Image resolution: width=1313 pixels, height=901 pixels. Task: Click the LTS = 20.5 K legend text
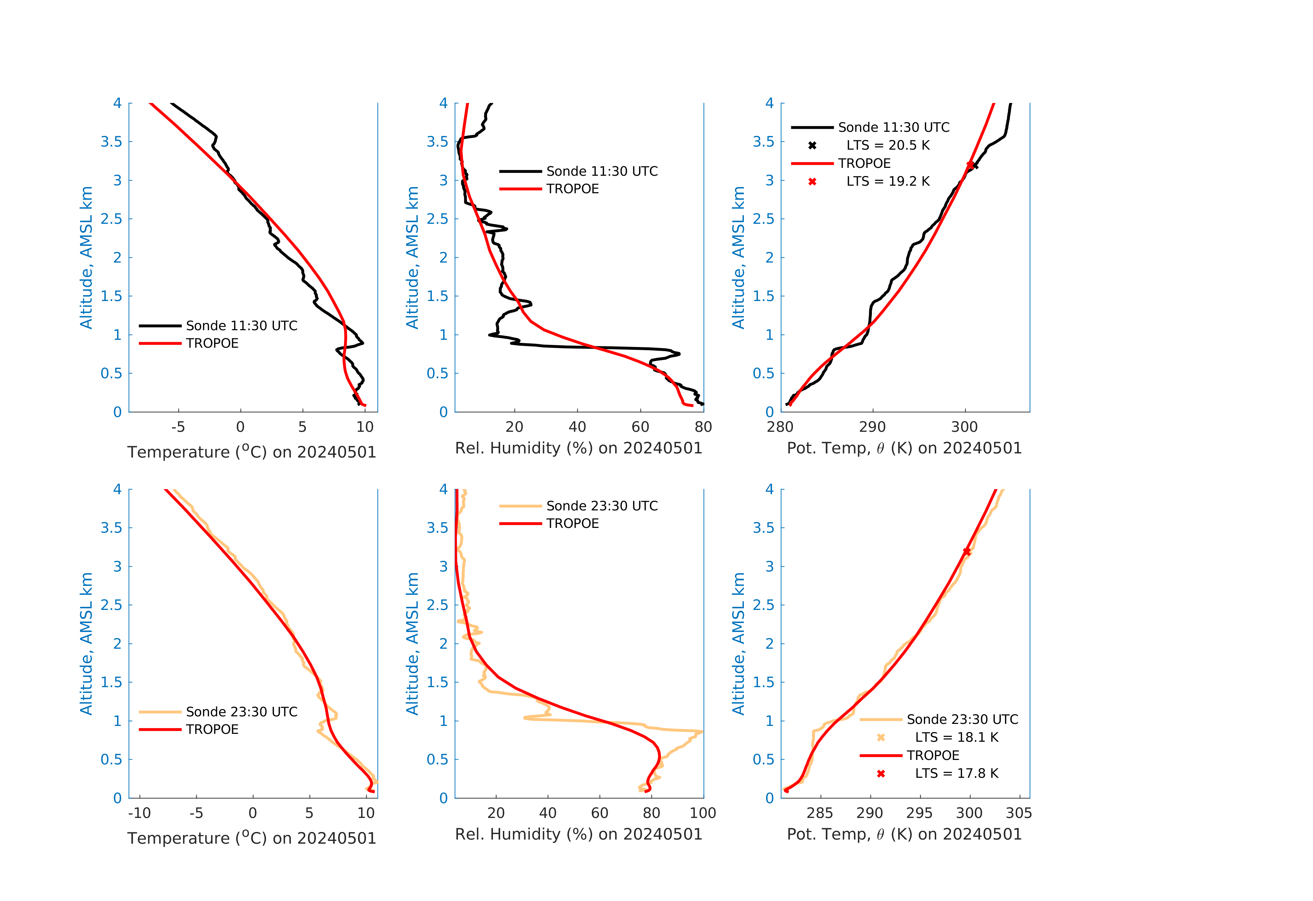888,145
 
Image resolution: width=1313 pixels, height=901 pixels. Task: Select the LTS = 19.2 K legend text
888,181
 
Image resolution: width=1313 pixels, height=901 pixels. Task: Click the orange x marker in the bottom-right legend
881,737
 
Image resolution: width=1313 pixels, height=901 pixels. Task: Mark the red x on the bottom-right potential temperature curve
967,551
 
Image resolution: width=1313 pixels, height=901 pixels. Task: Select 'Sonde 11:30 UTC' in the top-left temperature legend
241,326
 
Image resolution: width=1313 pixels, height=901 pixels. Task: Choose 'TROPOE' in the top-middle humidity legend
572,189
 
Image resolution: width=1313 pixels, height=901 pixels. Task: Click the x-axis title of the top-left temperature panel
251,452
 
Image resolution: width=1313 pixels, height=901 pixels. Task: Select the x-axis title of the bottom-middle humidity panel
578,834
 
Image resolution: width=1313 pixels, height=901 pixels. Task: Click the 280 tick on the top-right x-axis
780,427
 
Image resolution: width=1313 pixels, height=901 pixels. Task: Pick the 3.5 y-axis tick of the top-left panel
111,142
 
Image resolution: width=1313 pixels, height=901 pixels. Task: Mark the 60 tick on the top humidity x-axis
640,427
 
